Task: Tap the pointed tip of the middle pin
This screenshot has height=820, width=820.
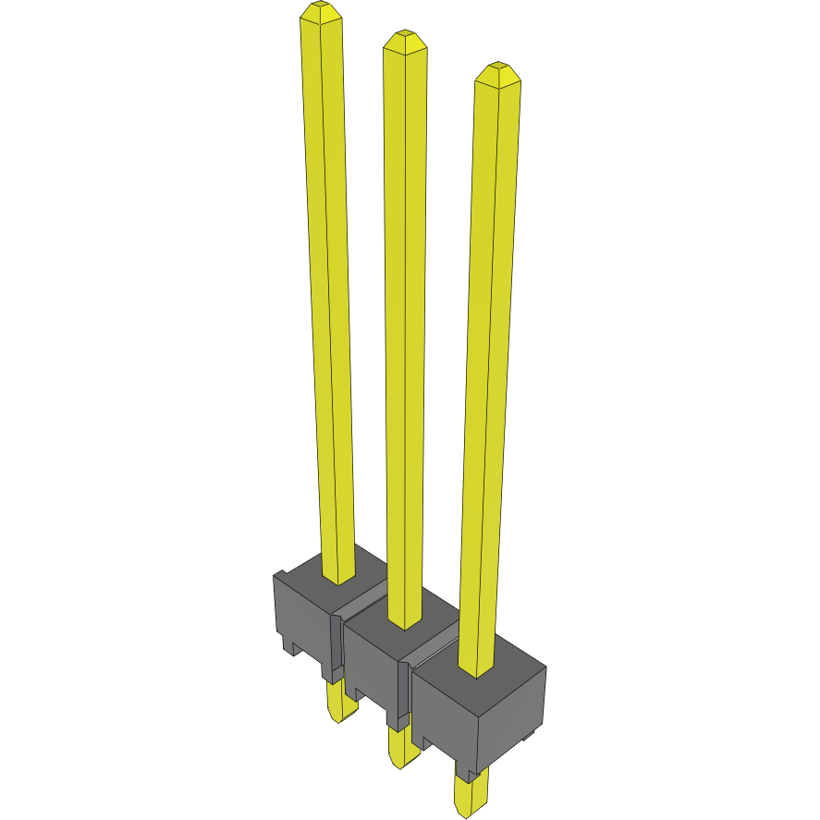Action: point(404,41)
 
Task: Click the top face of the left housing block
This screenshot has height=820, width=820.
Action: point(305,570)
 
